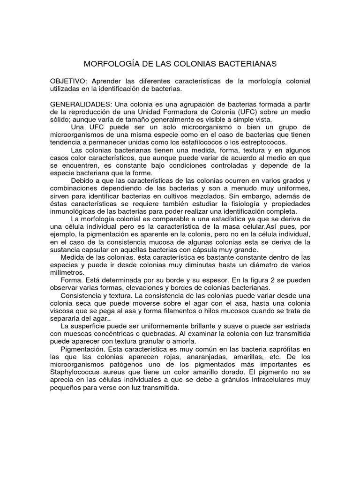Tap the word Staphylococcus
click(x=77, y=374)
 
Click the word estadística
click(x=241, y=219)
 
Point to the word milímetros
click(x=67, y=272)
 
